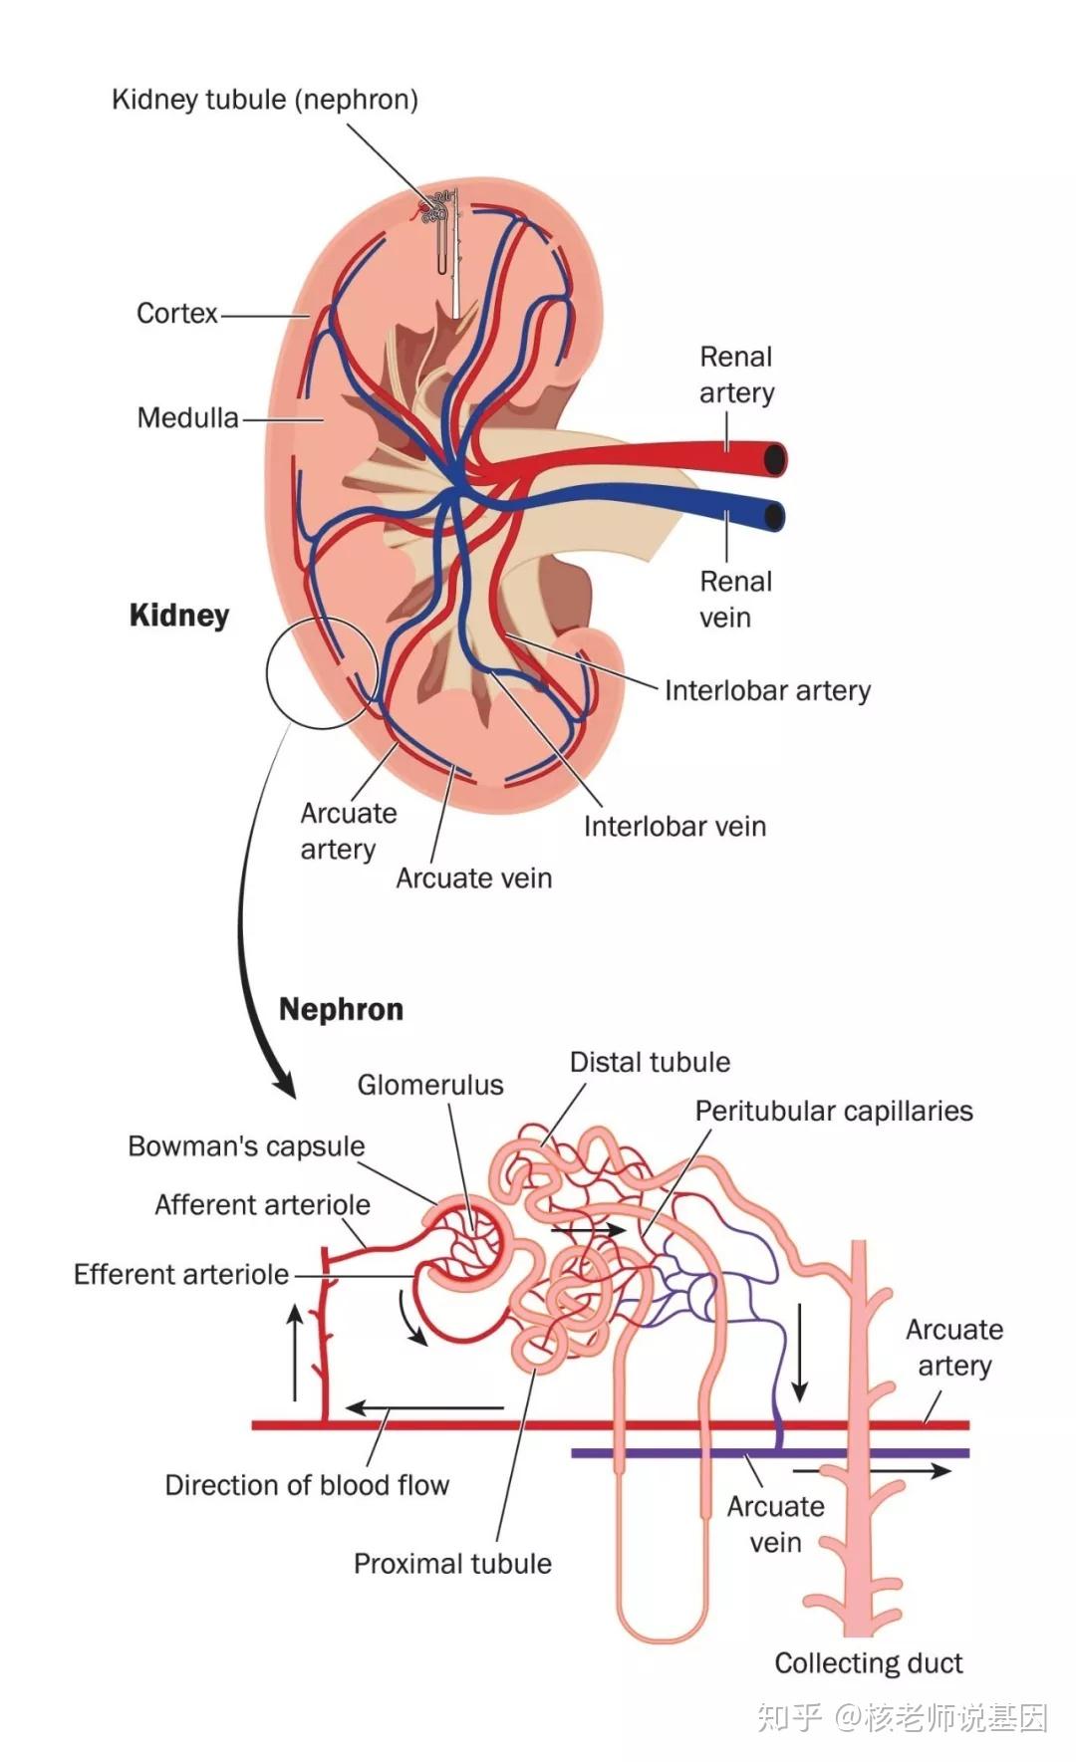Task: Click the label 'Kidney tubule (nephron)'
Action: (265, 100)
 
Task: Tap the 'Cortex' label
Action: (176, 314)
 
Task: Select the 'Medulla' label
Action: (187, 417)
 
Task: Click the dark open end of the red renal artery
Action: (774, 460)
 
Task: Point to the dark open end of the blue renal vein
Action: (773, 516)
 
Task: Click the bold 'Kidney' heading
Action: (179, 616)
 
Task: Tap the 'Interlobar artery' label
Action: (767, 690)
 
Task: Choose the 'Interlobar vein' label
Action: (674, 826)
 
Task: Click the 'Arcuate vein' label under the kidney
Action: (473, 878)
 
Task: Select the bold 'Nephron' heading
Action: (341, 1009)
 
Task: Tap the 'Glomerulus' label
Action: (430, 1085)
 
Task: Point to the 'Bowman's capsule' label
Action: (246, 1146)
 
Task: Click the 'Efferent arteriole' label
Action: (181, 1274)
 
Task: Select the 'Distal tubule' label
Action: (650, 1062)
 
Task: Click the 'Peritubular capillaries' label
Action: (834, 1111)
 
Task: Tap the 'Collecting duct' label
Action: (869, 1662)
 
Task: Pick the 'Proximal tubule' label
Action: (452, 1563)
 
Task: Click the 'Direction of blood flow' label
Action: (307, 1485)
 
